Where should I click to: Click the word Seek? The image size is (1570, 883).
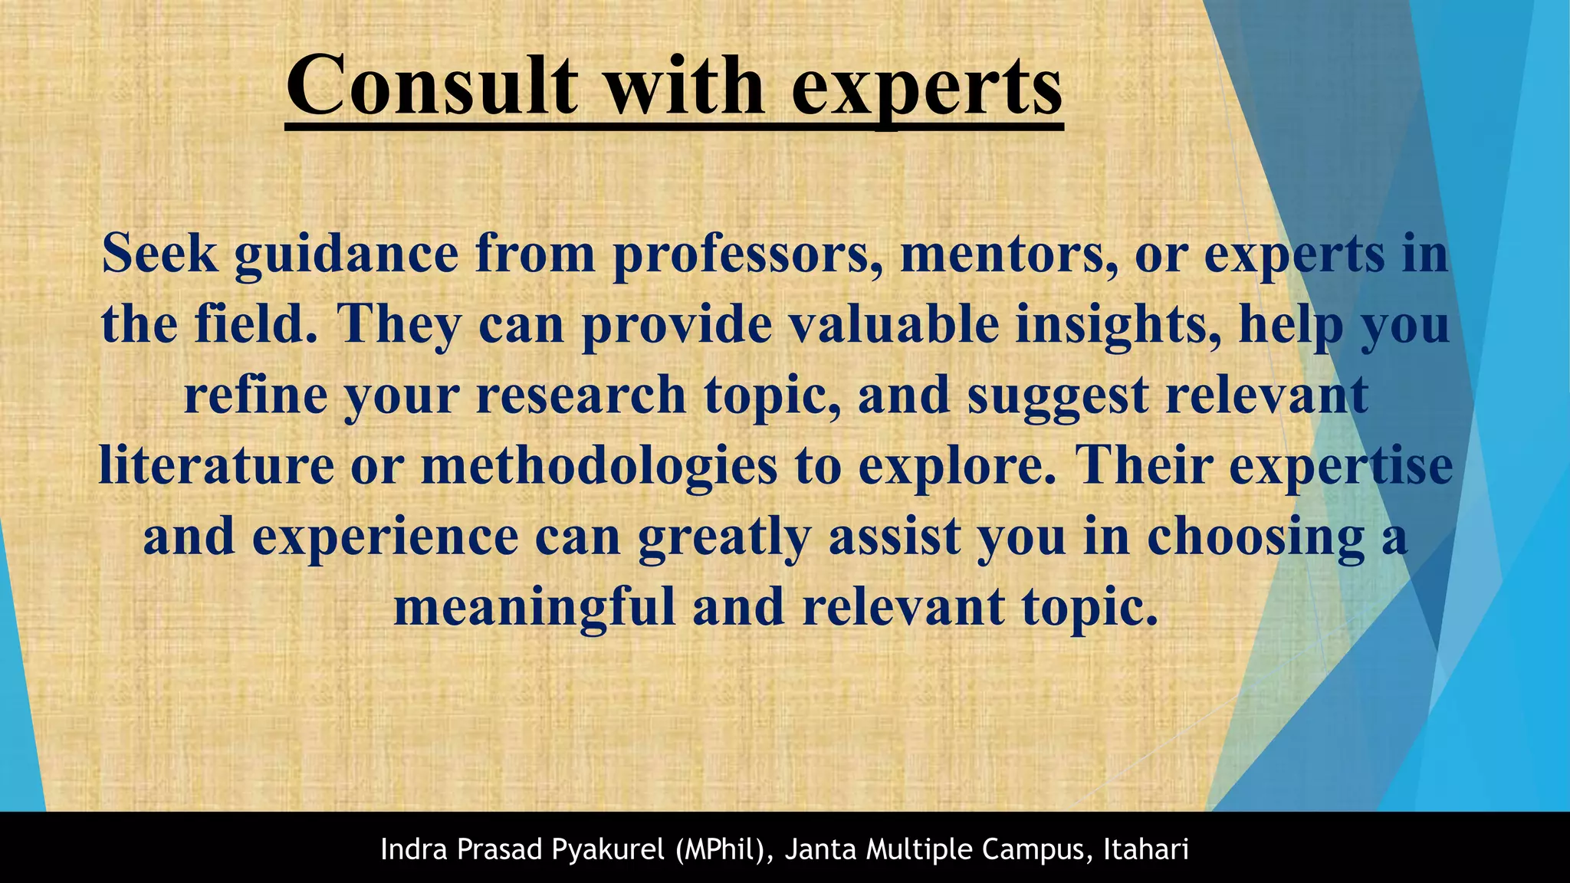click(x=159, y=253)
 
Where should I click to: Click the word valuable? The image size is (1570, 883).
click(x=894, y=323)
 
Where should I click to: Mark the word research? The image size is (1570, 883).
click(x=580, y=395)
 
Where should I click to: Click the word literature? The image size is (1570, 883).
click(x=217, y=465)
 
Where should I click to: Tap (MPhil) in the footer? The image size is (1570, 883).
click(x=725, y=850)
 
